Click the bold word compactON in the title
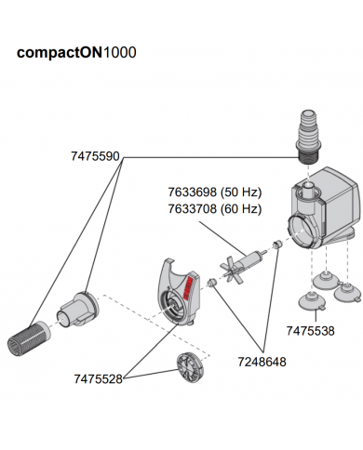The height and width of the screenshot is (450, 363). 60,53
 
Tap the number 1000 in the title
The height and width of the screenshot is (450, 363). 119,53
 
